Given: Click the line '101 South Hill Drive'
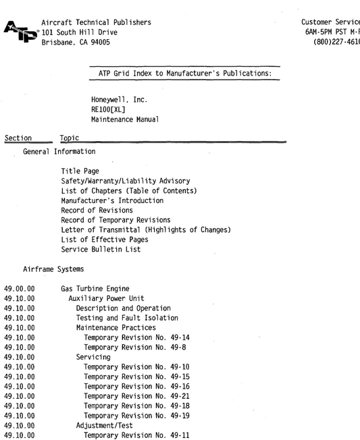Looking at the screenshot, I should (80, 32).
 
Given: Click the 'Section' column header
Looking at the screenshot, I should (17, 138).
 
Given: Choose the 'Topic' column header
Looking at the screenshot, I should (70, 138).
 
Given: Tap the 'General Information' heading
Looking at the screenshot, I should (59, 151).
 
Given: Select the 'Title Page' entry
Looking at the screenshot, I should (80, 171).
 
